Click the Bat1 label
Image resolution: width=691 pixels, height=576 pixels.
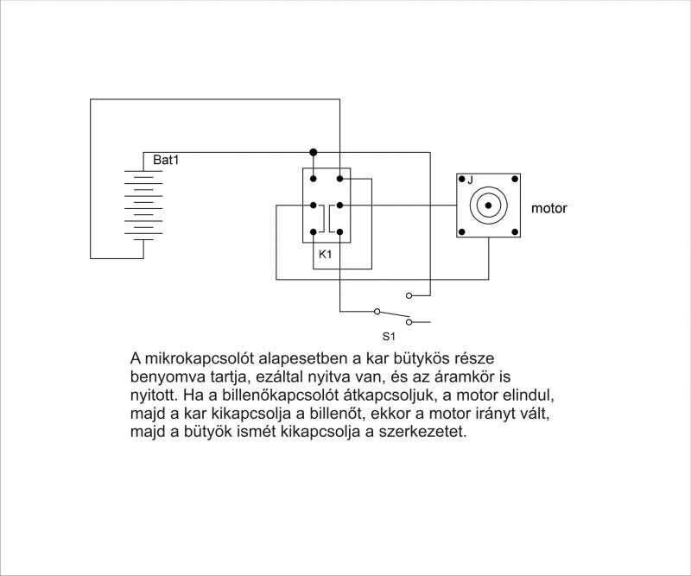click(x=166, y=160)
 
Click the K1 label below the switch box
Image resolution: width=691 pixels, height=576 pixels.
click(x=326, y=254)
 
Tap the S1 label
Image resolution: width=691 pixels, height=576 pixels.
click(x=389, y=337)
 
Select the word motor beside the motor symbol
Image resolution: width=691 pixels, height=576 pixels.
click(x=548, y=207)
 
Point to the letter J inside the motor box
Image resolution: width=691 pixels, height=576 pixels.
click(x=470, y=180)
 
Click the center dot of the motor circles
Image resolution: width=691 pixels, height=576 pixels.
click(x=488, y=206)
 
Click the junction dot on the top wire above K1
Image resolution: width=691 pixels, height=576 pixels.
click(x=314, y=153)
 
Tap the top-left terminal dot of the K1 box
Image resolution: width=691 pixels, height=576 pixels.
click(x=314, y=179)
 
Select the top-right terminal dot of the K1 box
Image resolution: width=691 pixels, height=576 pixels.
click(x=339, y=179)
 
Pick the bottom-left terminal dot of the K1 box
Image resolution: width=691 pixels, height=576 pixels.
click(x=314, y=231)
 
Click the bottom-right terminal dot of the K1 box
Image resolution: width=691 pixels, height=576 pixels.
click(x=339, y=231)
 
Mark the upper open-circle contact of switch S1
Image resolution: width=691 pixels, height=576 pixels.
click(x=409, y=295)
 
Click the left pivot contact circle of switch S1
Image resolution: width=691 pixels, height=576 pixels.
click(x=377, y=312)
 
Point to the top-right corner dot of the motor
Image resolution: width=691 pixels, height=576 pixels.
click(x=515, y=179)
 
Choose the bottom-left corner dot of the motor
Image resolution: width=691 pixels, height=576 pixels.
click(x=462, y=231)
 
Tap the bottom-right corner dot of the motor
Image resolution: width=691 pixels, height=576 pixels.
click(x=515, y=231)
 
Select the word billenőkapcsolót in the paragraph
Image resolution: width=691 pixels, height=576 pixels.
click(x=279, y=396)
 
